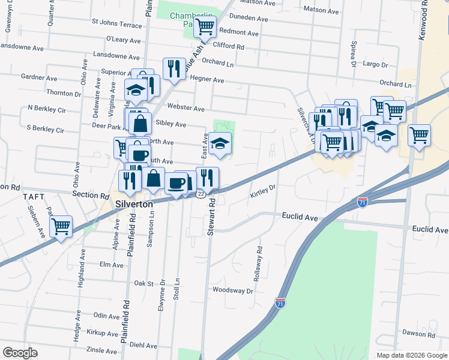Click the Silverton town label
134,204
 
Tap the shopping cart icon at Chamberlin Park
205,26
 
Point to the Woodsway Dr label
233,290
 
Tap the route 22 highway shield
200,195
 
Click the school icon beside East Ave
220,143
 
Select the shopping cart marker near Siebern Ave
61,226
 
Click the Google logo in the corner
20,352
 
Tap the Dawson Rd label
418,333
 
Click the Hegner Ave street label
207,80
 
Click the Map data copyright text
411,355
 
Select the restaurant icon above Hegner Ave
173,68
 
